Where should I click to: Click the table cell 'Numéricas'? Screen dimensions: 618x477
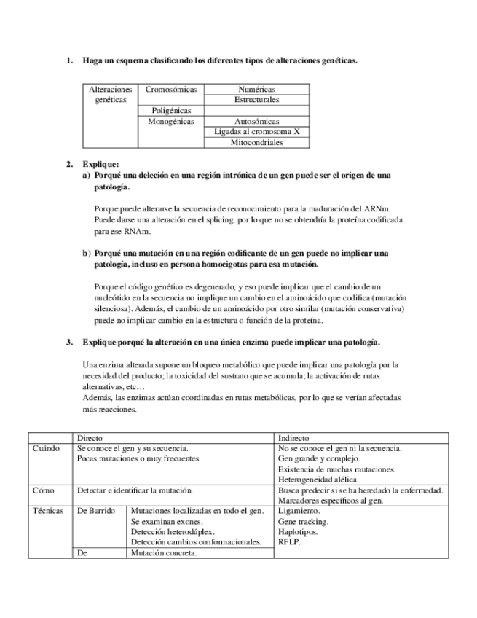pyautogui.click(x=256, y=89)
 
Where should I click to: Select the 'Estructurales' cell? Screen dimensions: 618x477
pyautogui.click(x=256, y=99)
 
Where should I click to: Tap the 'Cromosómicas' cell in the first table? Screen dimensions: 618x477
pyautogui.click(x=171, y=89)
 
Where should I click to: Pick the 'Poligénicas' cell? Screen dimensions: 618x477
pyautogui.click(x=171, y=111)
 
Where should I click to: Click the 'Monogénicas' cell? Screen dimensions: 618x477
pyautogui.click(x=171, y=122)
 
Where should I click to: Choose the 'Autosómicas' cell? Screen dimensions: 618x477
pyautogui.click(x=256, y=122)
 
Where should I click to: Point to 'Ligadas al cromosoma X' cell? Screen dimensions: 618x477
pyautogui.click(x=256, y=132)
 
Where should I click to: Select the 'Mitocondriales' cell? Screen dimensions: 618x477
pyautogui.click(x=256, y=143)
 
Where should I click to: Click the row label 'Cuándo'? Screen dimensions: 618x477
pyautogui.click(x=46, y=448)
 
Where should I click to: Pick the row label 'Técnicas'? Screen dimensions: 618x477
pyautogui.click(x=48, y=512)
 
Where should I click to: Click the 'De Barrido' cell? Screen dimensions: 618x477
pyautogui.click(x=96, y=512)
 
